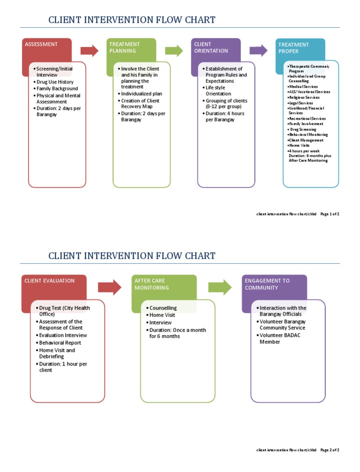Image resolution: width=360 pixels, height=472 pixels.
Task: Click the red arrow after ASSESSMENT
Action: [x=90, y=51]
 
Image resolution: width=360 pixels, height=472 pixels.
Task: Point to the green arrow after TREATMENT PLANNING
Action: [x=174, y=51]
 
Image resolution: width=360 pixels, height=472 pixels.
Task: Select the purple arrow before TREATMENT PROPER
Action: [x=258, y=51]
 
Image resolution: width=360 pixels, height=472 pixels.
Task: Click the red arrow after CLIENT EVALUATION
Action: [x=109, y=287]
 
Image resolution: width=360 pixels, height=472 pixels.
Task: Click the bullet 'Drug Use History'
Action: [x=55, y=82]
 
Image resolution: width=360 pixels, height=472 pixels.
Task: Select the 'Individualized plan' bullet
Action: [x=141, y=94]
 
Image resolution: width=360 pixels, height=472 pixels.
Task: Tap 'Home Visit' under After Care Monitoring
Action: [x=162, y=315]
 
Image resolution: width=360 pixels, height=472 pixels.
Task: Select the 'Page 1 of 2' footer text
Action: [x=330, y=214]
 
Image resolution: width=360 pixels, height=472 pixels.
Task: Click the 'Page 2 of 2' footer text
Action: [x=330, y=450]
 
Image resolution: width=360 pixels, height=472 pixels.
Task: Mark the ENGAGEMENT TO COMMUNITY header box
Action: [x=274, y=284]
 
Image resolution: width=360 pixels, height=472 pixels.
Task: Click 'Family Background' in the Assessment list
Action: [x=57, y=89]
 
